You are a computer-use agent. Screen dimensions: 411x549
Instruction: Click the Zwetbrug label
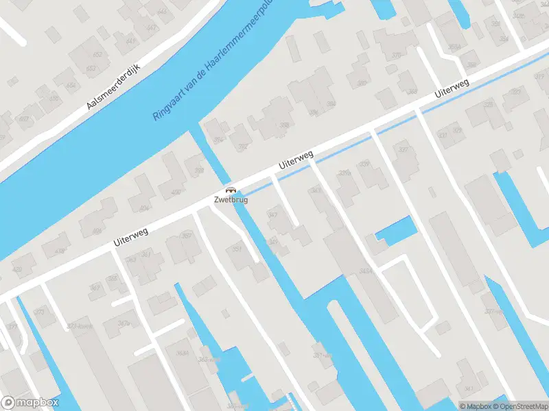point(231,200)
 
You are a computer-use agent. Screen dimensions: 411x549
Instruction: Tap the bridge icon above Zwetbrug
point(231,190)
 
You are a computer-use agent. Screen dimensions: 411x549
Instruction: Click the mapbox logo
point(30,403)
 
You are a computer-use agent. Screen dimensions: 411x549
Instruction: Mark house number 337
point(403,149)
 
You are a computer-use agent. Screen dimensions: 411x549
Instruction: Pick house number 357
point(185,236)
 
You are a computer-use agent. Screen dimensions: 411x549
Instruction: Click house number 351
point(238,249)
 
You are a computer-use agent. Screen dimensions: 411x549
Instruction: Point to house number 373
point(39,312)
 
